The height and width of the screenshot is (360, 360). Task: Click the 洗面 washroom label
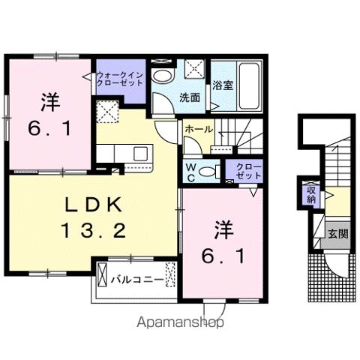pyautogui.click(x=189, y=97)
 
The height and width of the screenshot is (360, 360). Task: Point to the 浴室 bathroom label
pyautogui.click(x=222, y=85)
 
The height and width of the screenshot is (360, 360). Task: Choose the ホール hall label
pyautogui.click(x=197, y=130)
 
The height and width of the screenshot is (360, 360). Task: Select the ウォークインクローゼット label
pyautogui.click(x=118, y=79)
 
